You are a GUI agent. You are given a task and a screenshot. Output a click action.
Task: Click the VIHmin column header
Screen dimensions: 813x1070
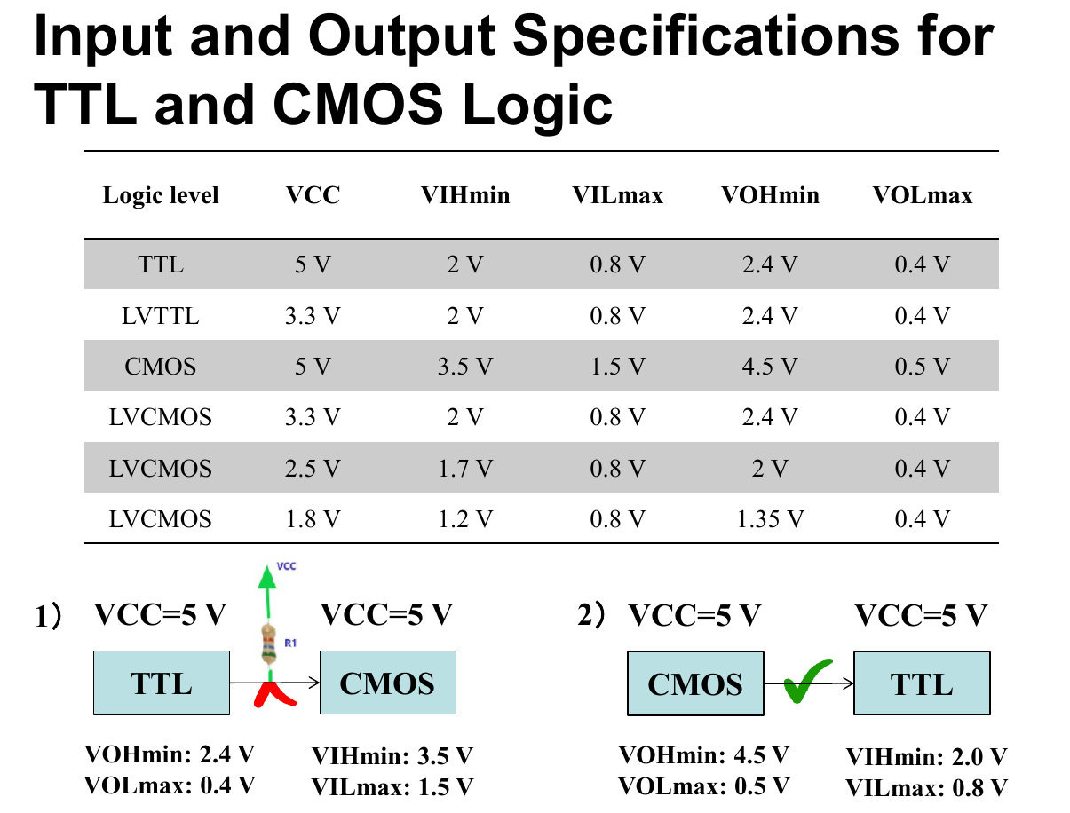tap(464, 195)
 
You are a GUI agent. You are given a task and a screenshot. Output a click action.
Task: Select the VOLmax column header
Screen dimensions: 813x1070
tap(923, 195)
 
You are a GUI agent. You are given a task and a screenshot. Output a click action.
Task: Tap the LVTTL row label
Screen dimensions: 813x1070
tap(161, 315)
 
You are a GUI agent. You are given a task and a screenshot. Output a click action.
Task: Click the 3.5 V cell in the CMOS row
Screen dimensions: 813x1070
tap(464, 366)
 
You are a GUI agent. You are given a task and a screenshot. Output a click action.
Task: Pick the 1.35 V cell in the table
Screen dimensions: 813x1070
tap(770, 518)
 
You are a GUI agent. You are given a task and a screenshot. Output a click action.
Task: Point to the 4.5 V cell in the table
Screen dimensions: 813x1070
tap(770, 366)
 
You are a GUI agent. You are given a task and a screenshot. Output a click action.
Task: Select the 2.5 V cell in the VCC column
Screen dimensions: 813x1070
tap(313, 468)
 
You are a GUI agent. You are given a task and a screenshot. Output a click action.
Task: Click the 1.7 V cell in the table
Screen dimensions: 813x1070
tap(464, 468)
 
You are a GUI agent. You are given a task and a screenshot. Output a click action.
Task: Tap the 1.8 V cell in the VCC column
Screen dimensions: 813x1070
tap(313, 518)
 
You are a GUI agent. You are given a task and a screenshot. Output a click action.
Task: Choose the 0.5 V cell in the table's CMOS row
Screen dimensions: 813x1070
tap(923, 366)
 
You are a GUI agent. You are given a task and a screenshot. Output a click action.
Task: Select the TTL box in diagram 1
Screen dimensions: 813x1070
tap(162, 683)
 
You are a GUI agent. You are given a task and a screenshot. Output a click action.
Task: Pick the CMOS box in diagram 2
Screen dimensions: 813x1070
tap(695, 683)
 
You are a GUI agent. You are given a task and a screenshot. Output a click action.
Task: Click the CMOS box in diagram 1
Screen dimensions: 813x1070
tap(388, 683)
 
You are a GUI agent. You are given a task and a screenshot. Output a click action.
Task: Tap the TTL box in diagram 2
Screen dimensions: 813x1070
tap(922, 683)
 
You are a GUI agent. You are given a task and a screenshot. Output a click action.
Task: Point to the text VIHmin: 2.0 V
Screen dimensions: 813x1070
tap(926, 757)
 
